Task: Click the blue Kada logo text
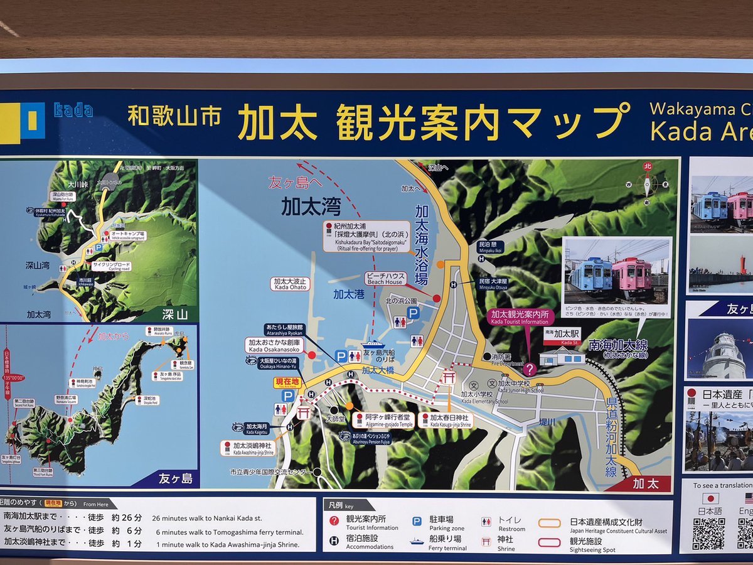[73, 110]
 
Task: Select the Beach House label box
[385, 277]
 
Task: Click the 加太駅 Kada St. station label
[562, 336]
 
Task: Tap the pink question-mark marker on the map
[530, 369]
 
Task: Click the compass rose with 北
[647, 184]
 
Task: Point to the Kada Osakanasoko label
[275, 345]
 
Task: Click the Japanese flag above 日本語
[710, 498]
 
